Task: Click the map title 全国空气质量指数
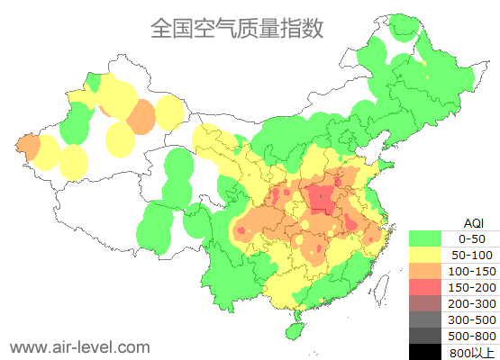coord(236,28)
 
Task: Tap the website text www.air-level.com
coord(79,346)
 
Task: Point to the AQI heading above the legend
coord(472,222)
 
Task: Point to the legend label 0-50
coord(472,239)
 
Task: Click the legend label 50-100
coord(472,256)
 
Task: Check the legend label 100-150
coord(472,272)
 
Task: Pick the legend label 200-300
coord(472,304)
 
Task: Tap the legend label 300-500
coord(472,319)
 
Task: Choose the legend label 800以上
coord(472,352)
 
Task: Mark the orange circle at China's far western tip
coord(28,148)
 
